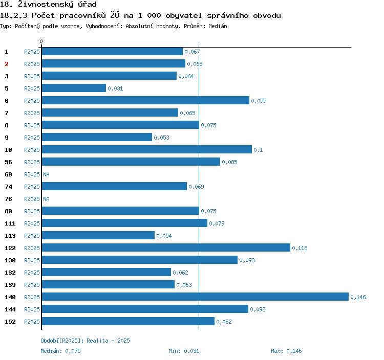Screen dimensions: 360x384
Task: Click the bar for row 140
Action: pyautogui.click(x=195, y=297)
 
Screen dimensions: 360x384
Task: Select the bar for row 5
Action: pyautogui.click(x=74, y=88)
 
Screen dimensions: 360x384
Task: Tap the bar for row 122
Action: pyautogui.click(x=166, y=248)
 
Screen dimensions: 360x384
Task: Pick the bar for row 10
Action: pyautogui.click(x=146, y=150)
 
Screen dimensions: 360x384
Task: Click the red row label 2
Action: pyautogui.click(x=7, y=64)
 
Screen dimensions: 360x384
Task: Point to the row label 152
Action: pyautogui.click(x=10, y=322)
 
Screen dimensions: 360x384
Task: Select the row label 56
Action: pyautogui.click(x=8, y=162)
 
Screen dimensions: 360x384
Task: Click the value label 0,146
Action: pyautogui.click(x=358, y=297)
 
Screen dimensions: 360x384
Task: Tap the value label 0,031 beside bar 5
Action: pyautogui.click(x=115, y=88)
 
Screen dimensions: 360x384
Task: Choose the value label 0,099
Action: pyautogui.click(x=259, y=101)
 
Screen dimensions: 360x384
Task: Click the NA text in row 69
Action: pyautogui.click(x=46, y=174)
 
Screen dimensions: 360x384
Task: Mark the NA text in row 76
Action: pyautogui.click(x=46, y=199)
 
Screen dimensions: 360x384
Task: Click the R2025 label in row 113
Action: pyautogui.click(x=32, y=236)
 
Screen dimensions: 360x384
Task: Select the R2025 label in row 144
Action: pyautogui.click(x=32, y=309)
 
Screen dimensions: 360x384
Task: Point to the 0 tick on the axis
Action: pyautogui.click(x=41, y=41)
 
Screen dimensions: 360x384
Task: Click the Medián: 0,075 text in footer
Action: pyautogui.click(x=60, y=351)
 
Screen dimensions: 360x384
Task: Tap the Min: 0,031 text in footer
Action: pyautogui.click(x=184, y=351)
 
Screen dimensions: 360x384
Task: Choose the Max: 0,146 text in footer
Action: pyautogui.click(x=286, y=351)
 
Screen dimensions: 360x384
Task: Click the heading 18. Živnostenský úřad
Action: pyautogui.click(x=48, y=5)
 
